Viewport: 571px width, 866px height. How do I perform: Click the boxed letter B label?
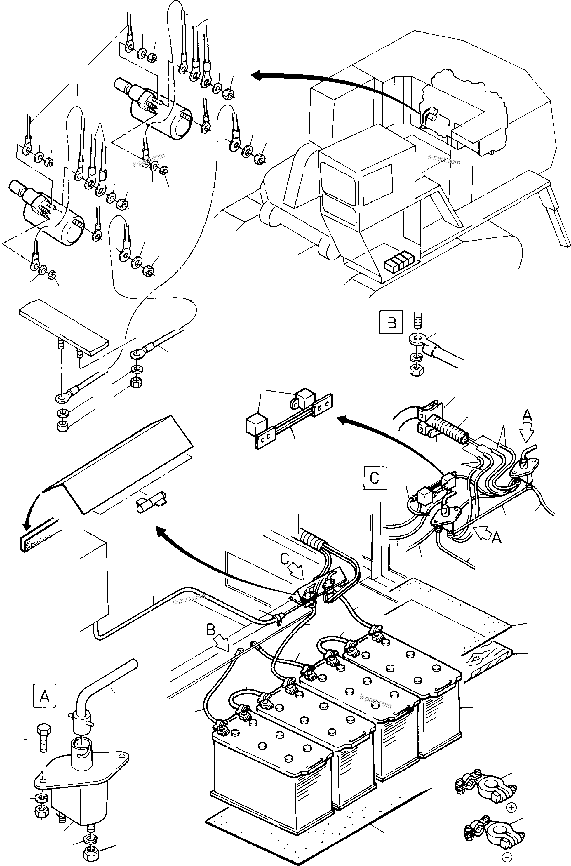click(391, 322)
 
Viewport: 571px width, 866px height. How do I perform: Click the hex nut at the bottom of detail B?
click(417, 371)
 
